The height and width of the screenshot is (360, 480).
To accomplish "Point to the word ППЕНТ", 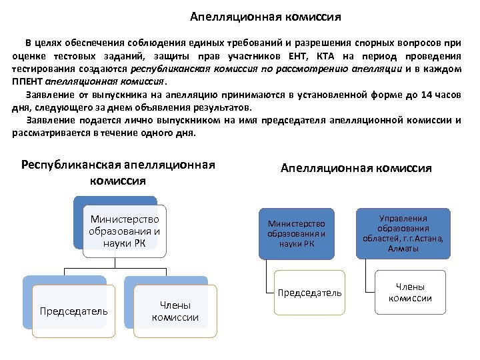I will tap(27, 81).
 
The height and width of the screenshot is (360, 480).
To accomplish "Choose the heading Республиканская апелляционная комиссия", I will tap(119, 173).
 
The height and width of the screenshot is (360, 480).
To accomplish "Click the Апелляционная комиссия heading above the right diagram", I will tap(356, 168).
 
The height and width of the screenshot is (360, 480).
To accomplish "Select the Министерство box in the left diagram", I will tap(125, 231).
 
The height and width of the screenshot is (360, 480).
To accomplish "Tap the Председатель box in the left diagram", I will tap(73, 311).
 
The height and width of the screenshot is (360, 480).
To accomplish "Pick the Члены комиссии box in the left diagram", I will tap(175, 311).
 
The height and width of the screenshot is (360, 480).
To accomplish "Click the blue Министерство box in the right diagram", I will tap(296, 233).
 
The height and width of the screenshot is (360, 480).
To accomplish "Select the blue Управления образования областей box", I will tap(403, 233).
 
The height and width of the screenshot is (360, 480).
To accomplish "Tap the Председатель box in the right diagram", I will tap(310, 293).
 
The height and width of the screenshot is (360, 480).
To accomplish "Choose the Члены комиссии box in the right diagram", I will tap(409, 292).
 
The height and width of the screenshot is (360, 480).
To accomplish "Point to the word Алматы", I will tap(403, 249).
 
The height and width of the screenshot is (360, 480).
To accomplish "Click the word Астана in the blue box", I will tap(427, 239).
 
